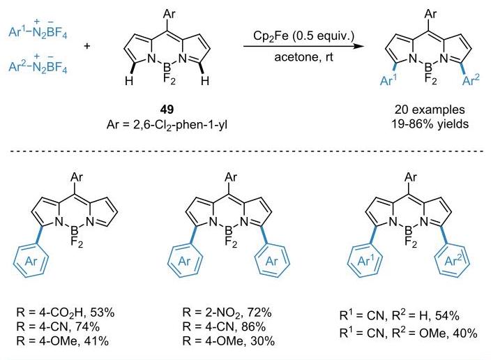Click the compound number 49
(167, 110)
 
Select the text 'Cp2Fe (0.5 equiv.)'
(303, 36)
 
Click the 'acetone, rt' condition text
(303, 57)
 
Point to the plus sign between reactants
(87, 46)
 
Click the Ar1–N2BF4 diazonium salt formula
(38, 29)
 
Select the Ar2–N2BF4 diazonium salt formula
(38, 64)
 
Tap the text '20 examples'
(430, 110)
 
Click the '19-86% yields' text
(430, 124)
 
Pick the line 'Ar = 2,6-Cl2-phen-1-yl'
(167, 126)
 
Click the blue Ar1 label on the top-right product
(388, 80)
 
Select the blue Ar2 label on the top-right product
(471, 80)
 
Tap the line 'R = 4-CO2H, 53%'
(66, 313)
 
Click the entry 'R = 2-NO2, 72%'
(227, 313)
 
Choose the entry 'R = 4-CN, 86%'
(224, 327)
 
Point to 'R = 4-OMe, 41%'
(63, 341)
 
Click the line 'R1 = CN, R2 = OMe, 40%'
(408, 333)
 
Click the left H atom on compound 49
(129, 81)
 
